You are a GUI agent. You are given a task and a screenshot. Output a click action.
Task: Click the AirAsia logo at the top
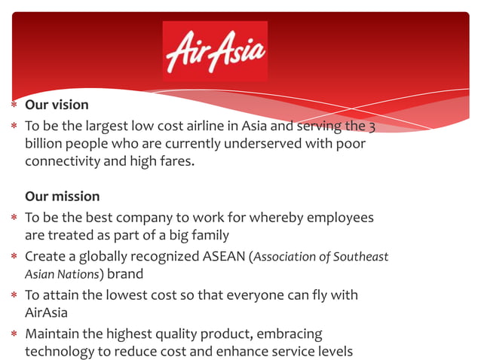point(215,50)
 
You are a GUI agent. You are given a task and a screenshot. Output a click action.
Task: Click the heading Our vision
point(57,105)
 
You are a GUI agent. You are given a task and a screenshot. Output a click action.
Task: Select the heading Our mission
point(62,197)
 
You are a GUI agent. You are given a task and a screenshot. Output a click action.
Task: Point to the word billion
point(42,143)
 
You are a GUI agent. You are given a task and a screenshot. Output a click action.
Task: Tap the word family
point(208,236)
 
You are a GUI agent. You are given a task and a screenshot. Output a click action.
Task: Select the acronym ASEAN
point(225,257)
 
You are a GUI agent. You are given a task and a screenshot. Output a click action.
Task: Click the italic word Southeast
point(360,257)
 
